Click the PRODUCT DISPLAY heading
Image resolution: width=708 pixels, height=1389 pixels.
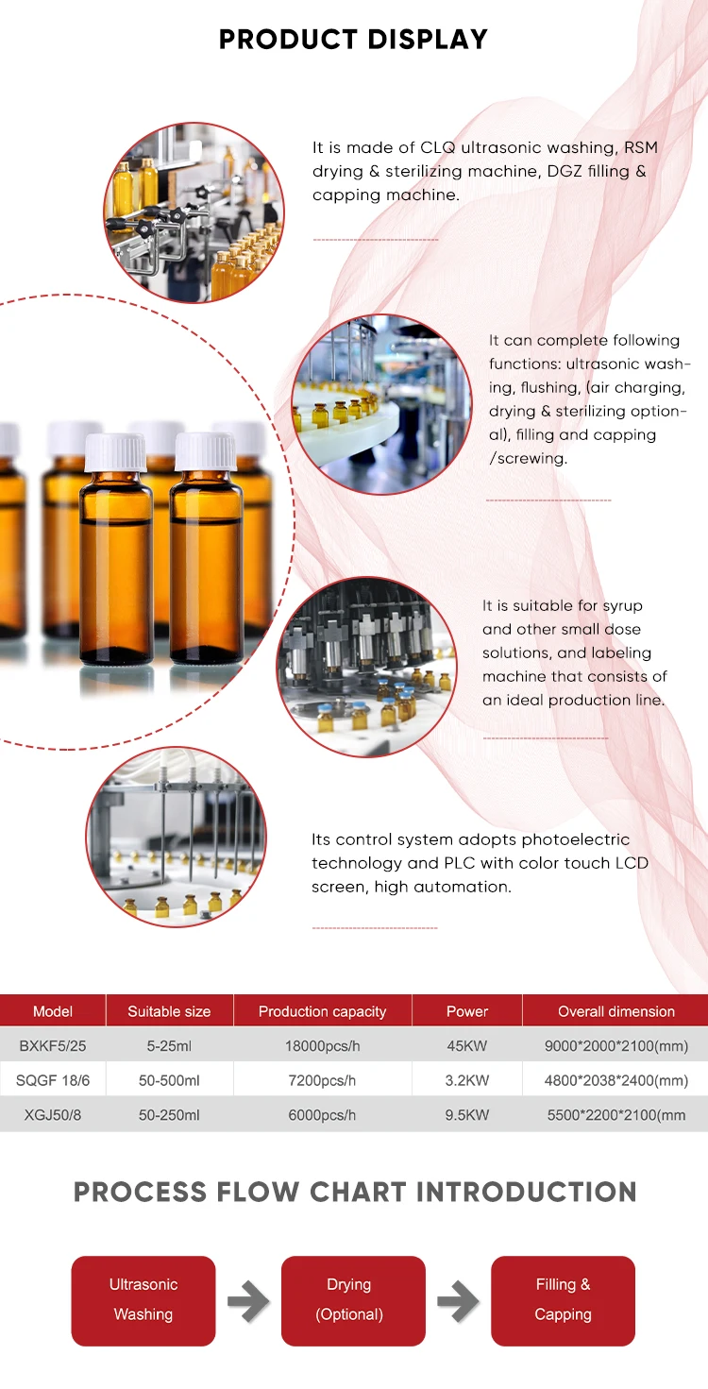click(353, 40)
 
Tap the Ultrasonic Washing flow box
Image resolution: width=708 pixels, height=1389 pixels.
click(143, 1300)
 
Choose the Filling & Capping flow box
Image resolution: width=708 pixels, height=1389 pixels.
click(563, 1300)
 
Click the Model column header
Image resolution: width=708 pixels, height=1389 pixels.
click(53, 1011)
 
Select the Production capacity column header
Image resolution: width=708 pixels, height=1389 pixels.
click(322, 1011)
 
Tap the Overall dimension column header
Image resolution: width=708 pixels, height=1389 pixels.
click(615, 1011)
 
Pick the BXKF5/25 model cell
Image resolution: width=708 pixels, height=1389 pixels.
click(53, 1046)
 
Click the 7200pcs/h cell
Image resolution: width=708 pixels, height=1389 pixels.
click(322, 1080)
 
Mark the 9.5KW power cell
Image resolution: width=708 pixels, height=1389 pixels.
click(467, 1115)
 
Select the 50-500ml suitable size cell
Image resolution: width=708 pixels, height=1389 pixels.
click(169, 1080)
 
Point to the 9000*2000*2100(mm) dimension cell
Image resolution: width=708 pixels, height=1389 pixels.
click(615, 1046)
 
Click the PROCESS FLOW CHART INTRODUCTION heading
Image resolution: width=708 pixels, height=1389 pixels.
click(355, 1192)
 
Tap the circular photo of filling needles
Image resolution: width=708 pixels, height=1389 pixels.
click(176, 837)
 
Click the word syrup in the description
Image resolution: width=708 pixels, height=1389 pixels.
click(622, 605)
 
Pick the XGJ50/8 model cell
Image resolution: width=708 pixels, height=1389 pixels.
click(53, 1115)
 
